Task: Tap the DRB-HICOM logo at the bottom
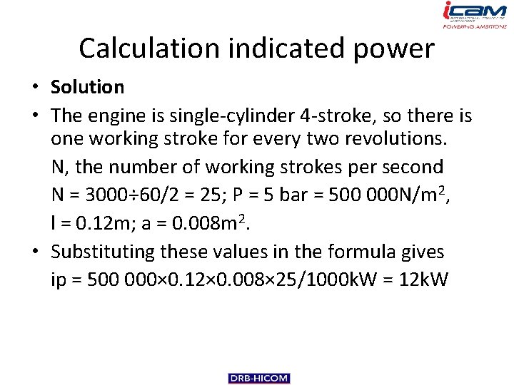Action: coord(259,379)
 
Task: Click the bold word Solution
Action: coord(87,88)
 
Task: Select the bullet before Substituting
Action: coord(34,252)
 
